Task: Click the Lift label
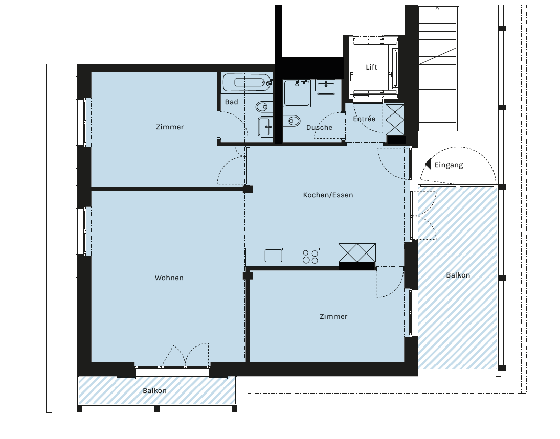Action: pos(371,67)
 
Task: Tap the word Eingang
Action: pos(449,165)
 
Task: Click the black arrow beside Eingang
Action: pos(428,164)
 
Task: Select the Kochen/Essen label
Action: pos(328,195)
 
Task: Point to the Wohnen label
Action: pos(169,278)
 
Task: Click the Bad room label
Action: pos(232,102)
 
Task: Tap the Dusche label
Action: pos(319,127)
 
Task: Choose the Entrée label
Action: pos(364,119)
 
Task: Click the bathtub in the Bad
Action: pos(247,82)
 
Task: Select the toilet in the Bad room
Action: pos(264,107)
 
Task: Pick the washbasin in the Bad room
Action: pos(265,127)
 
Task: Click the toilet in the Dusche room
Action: pos(292,121)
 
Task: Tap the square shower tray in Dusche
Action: pos(297,93)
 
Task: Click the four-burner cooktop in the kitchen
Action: pos(310,257)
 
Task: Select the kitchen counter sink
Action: pos(274,256)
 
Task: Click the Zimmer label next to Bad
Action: pos(170,127)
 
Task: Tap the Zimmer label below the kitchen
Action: pos(333,316)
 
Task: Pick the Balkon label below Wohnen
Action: pos(154,391)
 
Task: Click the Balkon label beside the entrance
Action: pos(458,275)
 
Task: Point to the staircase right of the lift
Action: pos(439,68)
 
